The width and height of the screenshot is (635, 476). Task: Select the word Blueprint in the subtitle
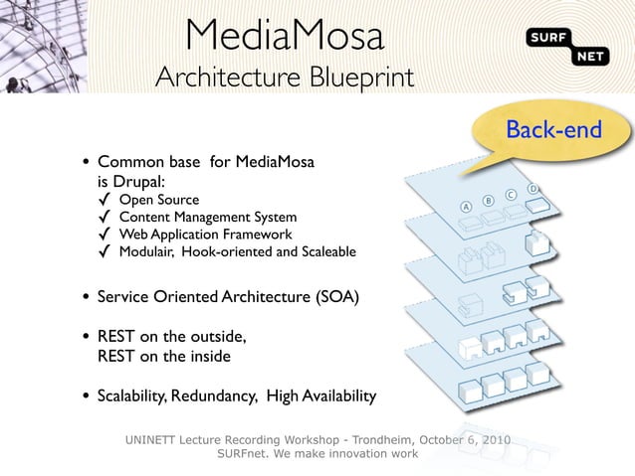tap(360, 78)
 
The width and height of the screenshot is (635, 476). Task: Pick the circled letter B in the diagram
tap(488, 201)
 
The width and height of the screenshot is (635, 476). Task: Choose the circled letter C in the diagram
tap(511, 194)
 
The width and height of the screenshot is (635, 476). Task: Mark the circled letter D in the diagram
tap(533, 188)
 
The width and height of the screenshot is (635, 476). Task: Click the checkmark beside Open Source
tap(104, 200)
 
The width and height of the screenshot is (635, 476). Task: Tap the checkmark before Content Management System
tap(104, 217)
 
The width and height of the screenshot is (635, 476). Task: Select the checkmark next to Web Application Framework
tap(104, 234)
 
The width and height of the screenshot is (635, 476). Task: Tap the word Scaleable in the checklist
tap(323, 251)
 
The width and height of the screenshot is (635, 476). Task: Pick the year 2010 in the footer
tap(495, 439)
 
